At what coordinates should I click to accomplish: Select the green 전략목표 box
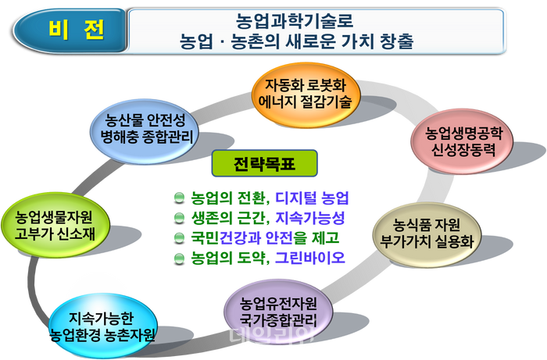[255, 165]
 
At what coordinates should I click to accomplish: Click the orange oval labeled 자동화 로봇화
[308, 91]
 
